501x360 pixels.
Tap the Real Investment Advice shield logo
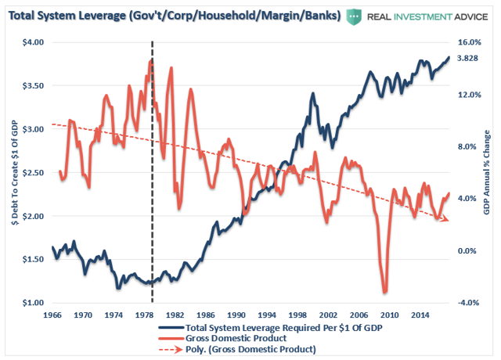tap(359, 16)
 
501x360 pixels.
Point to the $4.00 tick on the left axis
tap(31, 42)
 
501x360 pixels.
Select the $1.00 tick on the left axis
tap(31, 303)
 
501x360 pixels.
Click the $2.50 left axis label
tap(31, 172)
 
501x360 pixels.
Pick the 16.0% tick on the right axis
tap(467, 42)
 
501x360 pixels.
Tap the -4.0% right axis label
tap(467, 303)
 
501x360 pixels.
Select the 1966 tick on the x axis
tap(53, 315)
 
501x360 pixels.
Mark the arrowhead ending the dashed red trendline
tap(445, 221)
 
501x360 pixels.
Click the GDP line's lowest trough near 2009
tap(385, 292)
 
